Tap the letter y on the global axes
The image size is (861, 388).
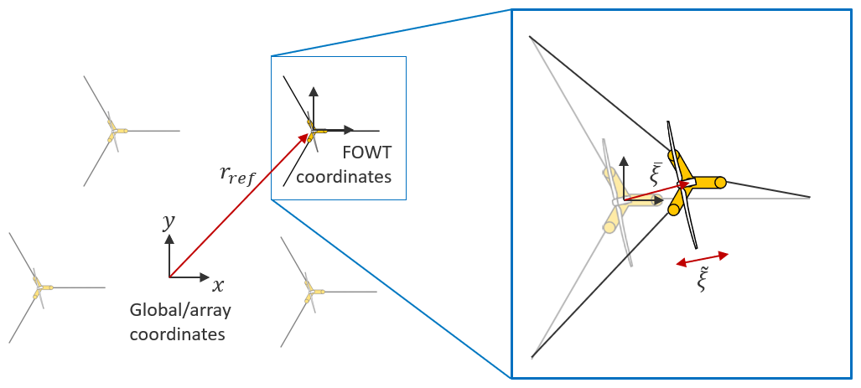[170, 222]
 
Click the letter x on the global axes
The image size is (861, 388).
[219, 285]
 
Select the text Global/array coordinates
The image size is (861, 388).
[180, 322]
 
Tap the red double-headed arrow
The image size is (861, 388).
[703, 259]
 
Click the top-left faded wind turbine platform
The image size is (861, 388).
[114, 131]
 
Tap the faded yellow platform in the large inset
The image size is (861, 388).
[617, 199]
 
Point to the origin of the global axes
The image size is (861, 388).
[170, 277]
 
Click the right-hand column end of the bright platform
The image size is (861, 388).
[719, 183]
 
